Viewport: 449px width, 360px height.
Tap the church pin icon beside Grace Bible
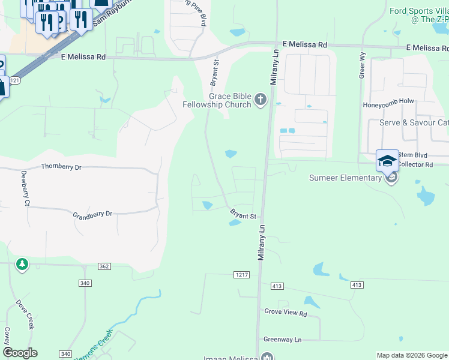pos(260,99)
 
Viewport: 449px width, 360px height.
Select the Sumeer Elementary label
pos(345,178)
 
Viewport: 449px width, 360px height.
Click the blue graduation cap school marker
pos(387,161)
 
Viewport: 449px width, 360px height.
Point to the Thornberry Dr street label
pos(61,167)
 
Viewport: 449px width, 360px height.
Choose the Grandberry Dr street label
pos(92,214)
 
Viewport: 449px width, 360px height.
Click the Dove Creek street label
pos(25,314)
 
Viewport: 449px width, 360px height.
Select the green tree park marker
pos(22,264)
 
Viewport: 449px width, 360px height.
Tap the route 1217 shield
pos(241,274)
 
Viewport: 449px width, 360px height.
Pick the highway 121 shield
pos(16,80)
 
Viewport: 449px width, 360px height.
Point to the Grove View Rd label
pos(285,313)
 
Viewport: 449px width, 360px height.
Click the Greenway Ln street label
pos(282,340)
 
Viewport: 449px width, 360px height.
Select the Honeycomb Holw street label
pos(388,102)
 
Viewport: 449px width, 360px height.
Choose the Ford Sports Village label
pos(419,15)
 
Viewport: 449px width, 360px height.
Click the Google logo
pos(20,353)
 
